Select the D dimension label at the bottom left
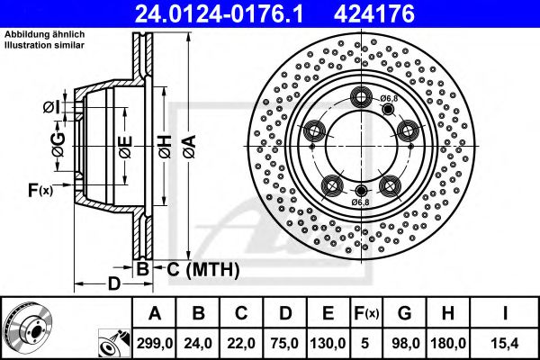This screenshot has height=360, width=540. [113, 285]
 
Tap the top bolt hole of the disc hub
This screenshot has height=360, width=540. [362, 98]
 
